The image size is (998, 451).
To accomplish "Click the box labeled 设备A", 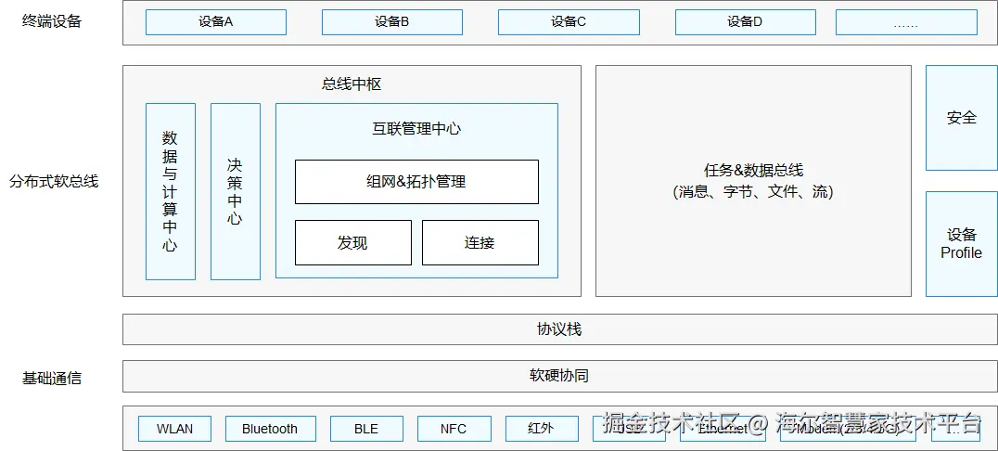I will click(x=216, y=22).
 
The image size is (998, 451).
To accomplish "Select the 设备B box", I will click(x=392, y=22).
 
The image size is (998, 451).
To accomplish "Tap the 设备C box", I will click(x=569, y=22).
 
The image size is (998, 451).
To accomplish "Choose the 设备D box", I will click(x=745, y=22).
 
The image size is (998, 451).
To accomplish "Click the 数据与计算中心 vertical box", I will click(x=170, y=191).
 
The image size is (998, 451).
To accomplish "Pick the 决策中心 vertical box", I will click(x=235, y=191).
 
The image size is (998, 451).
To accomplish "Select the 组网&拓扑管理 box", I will click(x=416, y=182).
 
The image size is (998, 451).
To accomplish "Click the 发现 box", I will click(x=352, y=242).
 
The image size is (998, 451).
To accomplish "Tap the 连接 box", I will click(x=480, y=242).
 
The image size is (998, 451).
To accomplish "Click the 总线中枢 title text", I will click(x=352, y=84).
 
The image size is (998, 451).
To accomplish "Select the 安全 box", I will click(x=961, y=118).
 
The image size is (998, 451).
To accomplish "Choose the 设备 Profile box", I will click(x=961, y=244).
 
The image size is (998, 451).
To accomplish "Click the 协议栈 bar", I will click(x=559, y=329).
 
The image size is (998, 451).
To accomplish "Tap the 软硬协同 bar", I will click(x=559, y=376).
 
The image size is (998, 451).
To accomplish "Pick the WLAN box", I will click(x=174, y=429).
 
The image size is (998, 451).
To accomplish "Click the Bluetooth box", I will click(x=270, y=429).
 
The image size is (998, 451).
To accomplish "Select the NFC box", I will click(x=454, y=429).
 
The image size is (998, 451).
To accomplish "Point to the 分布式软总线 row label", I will click(x=54, y=182).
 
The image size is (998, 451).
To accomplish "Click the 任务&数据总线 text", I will click(x=753, y=171).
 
